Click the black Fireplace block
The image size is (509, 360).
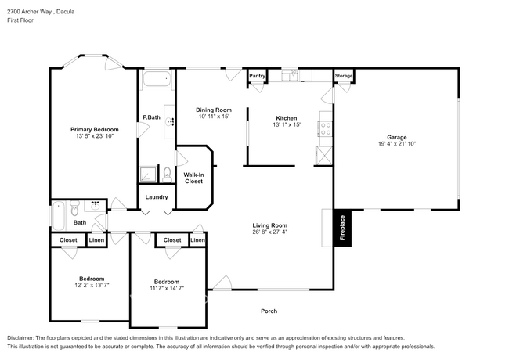(x=341, y=229)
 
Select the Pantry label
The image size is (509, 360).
(x=258, y=76)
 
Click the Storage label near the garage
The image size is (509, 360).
(x=344, y=76)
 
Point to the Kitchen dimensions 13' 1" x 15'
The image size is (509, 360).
(x=287, y=124)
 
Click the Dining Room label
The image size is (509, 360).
(x=214, y=110)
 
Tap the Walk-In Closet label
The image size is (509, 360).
(x=193, y=178)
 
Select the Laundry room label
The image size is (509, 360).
(x=157, y=196)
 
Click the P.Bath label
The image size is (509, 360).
(x=151, y=118)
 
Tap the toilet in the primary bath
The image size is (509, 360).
(x=167, y=173)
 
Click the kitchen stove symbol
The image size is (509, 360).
(x=325, y=126)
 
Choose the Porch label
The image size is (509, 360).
(x=269, y=311)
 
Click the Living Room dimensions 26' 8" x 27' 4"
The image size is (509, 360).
(x=270, y=232)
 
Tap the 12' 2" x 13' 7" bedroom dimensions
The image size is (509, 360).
(x=86, y=285)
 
